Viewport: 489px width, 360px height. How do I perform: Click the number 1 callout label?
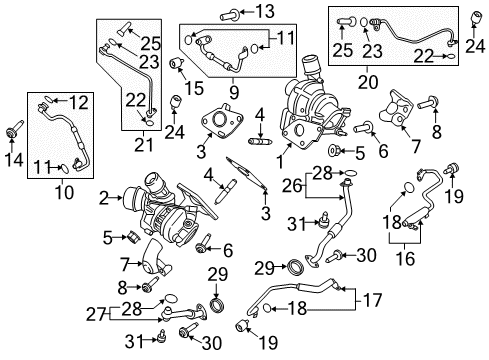(282, 156)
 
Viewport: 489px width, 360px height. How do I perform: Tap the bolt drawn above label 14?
(15, 128)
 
